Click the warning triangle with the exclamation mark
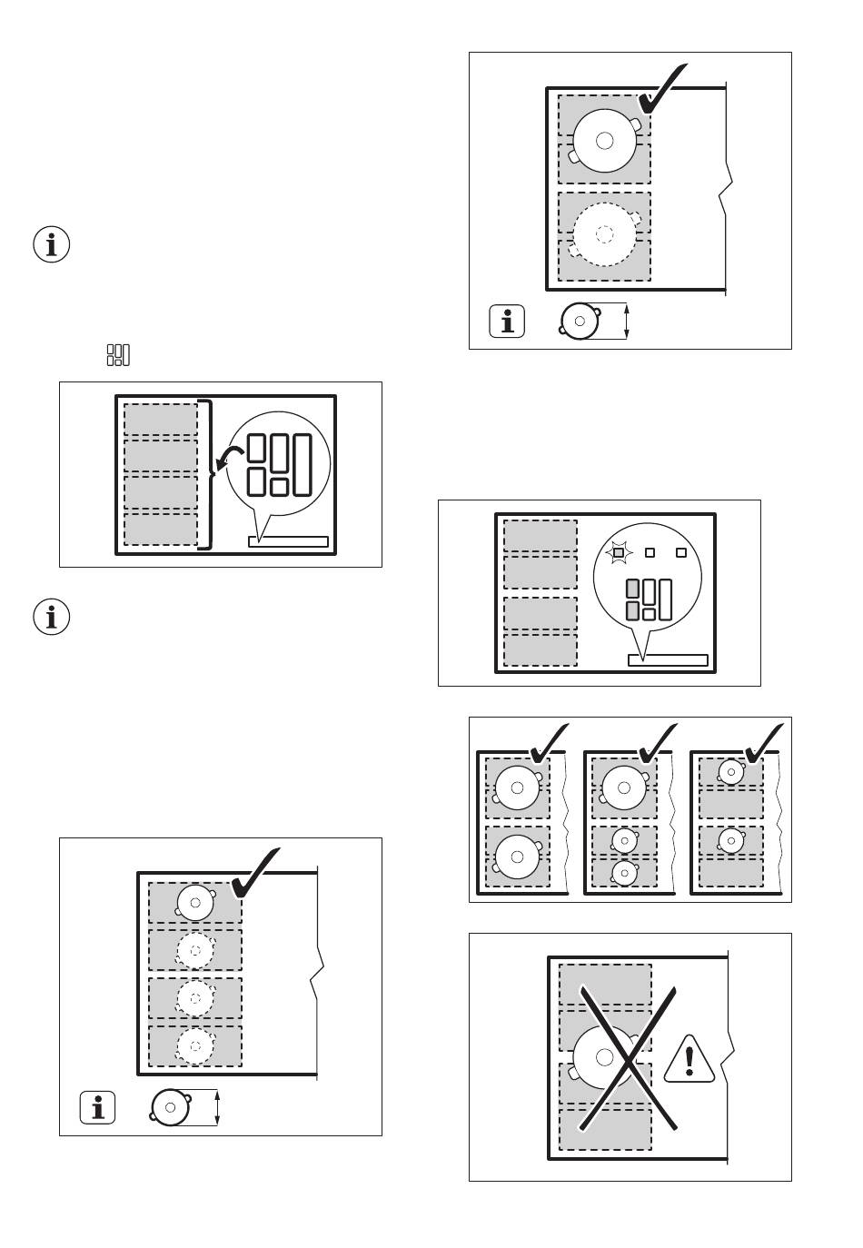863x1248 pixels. click(x=689, y=1060)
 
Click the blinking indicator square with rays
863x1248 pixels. click(x=618, y=552)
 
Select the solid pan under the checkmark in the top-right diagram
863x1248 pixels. click(x=605, y=140)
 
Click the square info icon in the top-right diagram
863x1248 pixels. click(x=507, y=322)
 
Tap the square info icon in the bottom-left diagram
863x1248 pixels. click(x=98, y=1107)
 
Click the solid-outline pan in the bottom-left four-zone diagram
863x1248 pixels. click(x=195, y=903)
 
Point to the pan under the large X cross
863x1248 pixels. click(x=605, y=1056)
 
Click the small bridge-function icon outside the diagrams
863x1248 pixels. click(x=118, y=355)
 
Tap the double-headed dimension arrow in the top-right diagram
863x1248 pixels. click(x=627, y=322)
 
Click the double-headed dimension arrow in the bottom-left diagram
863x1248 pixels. click(x=218, y=1108)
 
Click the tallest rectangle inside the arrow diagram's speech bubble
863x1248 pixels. click(x=303, y=465)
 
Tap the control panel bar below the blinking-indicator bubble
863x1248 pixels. click(x=668, y=660)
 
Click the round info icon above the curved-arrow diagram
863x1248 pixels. click(x=52, y=245)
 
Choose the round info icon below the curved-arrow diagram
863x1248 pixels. click(x=52, y=618)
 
